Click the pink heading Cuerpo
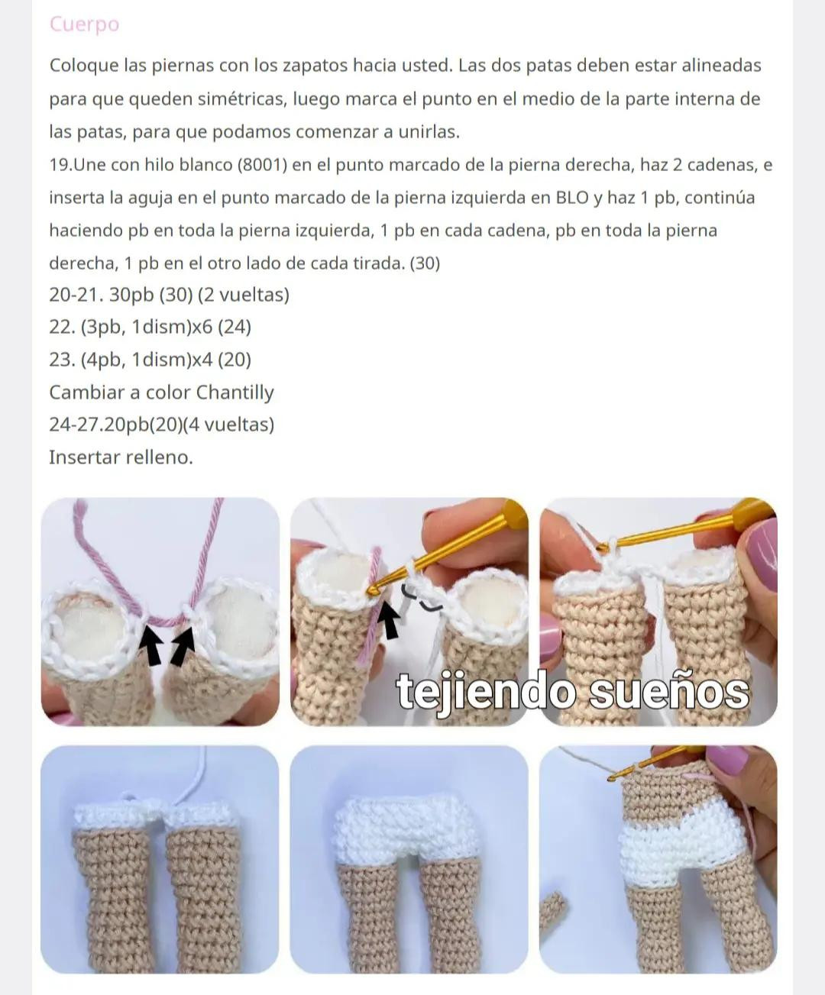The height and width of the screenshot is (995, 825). coord(84,24)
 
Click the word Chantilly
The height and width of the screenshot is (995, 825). coord(235,393)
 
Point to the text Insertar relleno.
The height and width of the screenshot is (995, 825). coord(121,457)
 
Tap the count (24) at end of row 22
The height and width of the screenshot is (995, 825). coord(235,327)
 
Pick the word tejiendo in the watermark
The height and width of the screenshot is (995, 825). coord(487,692)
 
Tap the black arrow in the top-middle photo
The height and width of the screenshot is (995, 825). coord(390,619)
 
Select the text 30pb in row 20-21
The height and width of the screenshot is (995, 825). coord(131,295)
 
